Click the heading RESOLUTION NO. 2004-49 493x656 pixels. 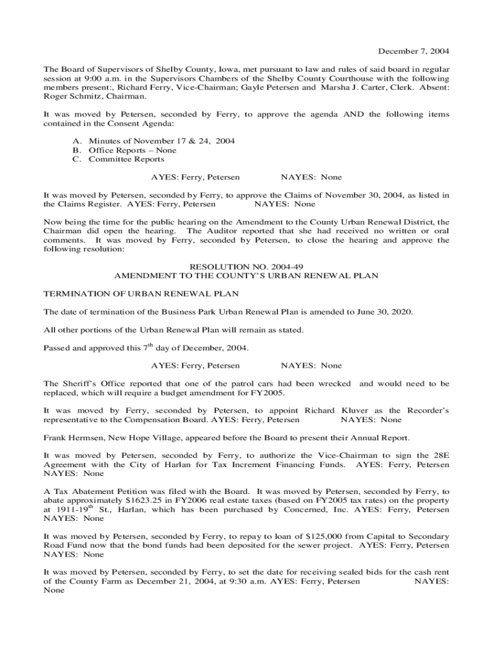click(246, 266)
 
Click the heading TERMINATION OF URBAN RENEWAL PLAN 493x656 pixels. click(141, 293)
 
